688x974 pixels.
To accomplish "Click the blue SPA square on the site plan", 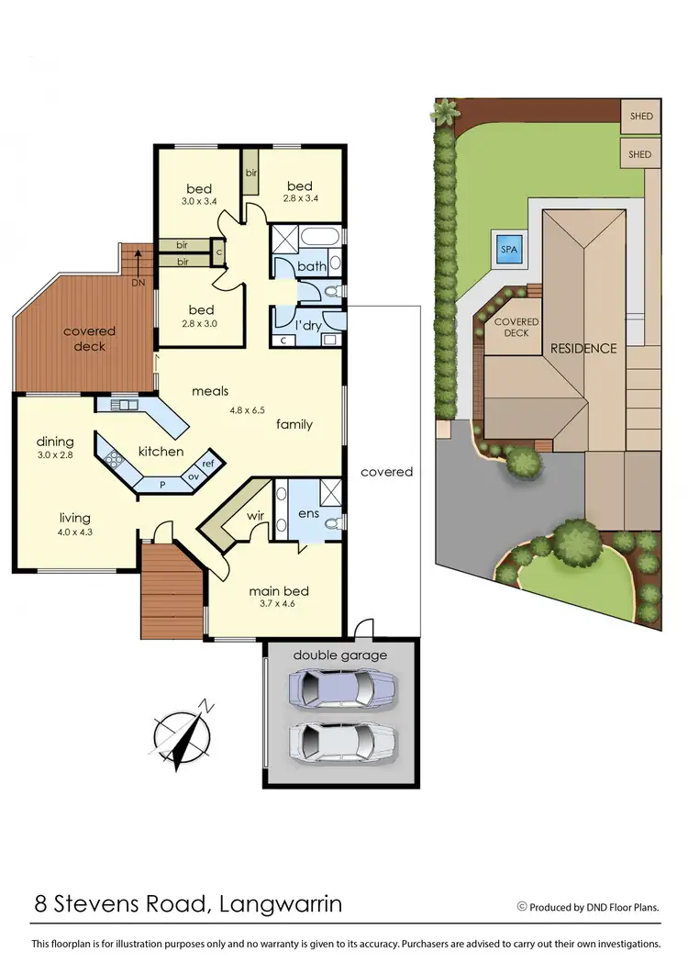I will (x=506, y=248).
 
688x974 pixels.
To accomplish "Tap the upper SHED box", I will (x=640, y=118).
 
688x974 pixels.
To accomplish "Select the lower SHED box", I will (x=640, y=153).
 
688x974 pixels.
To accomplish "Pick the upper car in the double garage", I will (x=342, y=686).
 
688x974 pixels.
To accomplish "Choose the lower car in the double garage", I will (x=342, y=740).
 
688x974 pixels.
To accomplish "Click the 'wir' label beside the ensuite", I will (x=255, y=515).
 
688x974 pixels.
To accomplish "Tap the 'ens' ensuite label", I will (x=309, y=513).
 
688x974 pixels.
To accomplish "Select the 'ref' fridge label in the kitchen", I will (x=208, y=464).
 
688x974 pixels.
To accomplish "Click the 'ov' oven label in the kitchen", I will (x=194, y=476).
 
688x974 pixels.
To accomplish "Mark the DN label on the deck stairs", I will (x=138, y=283).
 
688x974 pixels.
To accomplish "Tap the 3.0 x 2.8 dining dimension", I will (x=54, y=455).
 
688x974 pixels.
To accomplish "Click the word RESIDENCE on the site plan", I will (x=583, y=349).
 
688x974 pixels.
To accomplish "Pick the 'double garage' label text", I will (x=339, y=655).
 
